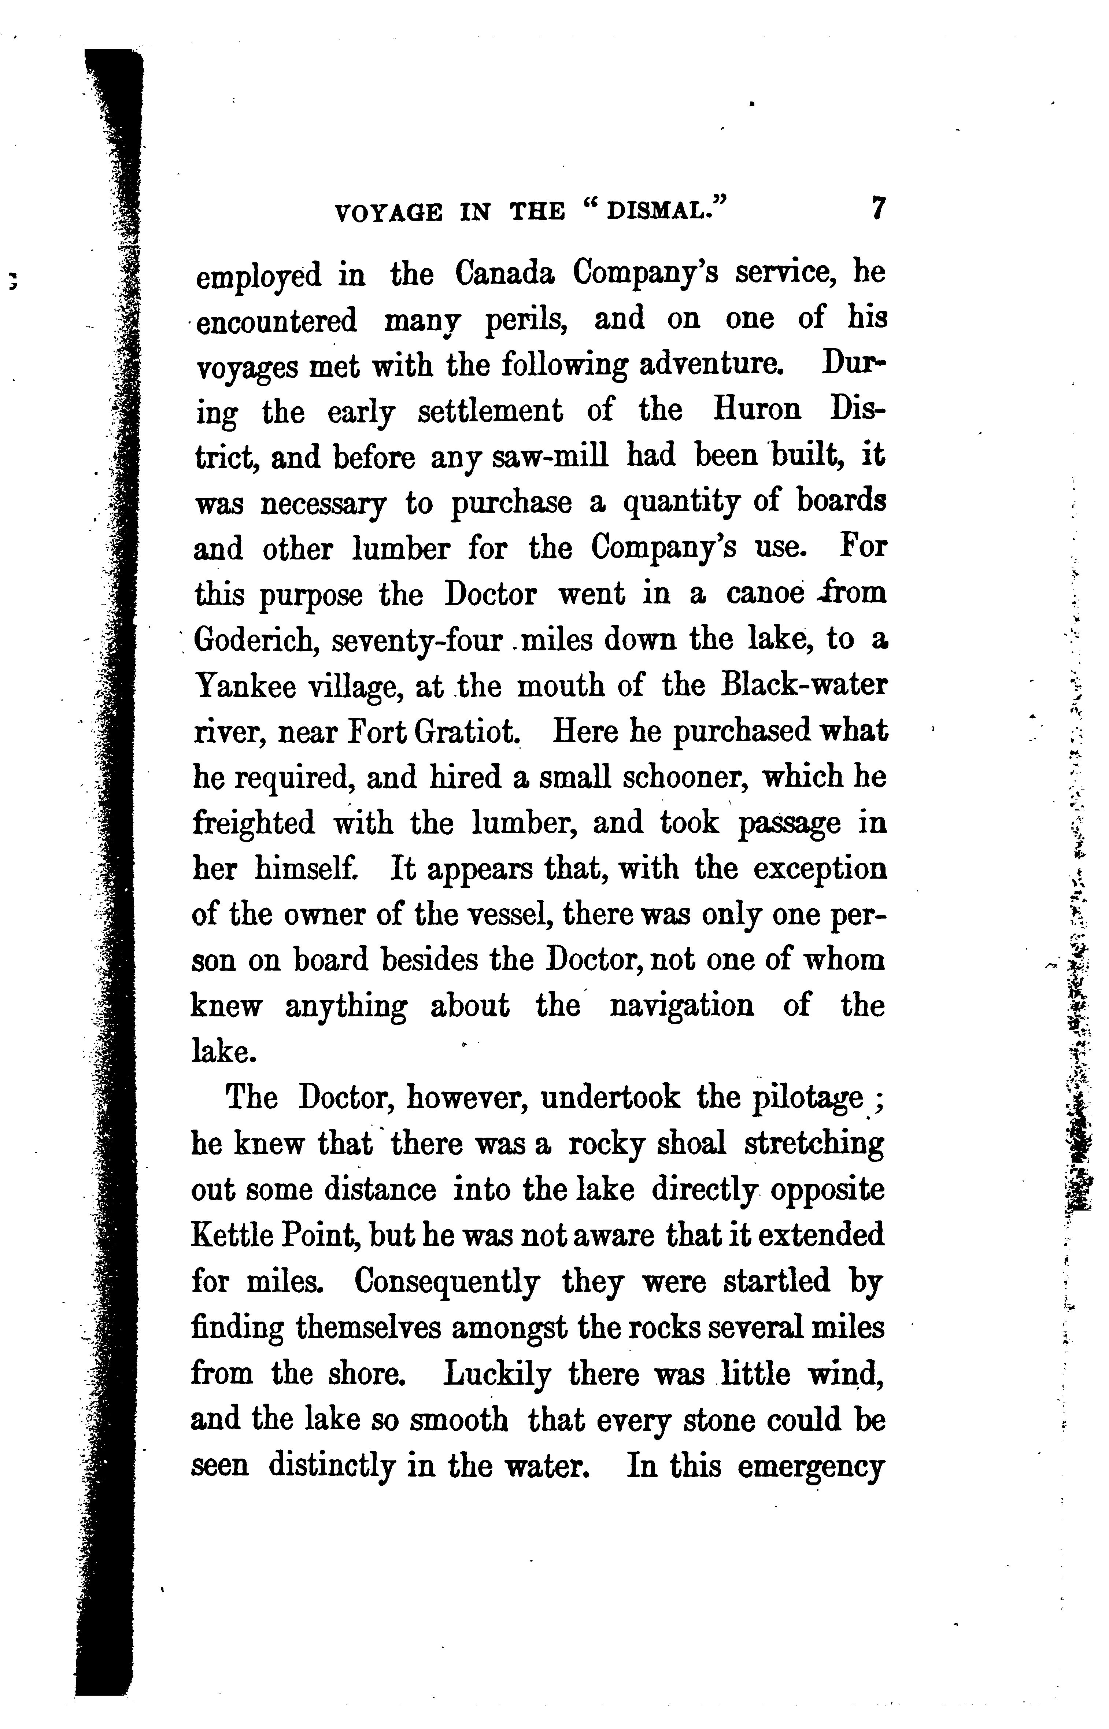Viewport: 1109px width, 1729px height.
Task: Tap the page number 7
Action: coord(877,209)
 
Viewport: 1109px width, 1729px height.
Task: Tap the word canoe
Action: coord(765,594)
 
